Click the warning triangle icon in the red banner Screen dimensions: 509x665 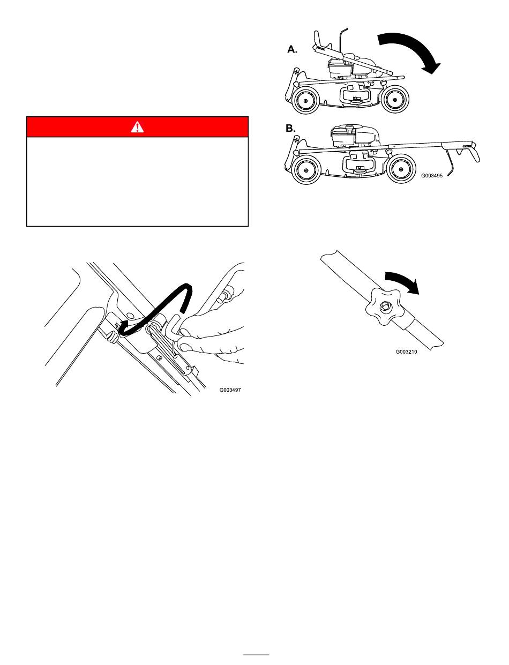tap(137, 126)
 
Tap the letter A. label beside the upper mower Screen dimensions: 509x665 tap(292, 49)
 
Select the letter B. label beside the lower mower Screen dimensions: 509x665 tap(290, 129)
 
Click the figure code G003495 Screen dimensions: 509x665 tap(432, 176)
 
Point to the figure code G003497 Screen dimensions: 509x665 tap(230, 390)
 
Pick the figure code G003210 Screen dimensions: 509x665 tap(406, 352)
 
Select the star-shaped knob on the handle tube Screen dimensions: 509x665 tap(385, 307)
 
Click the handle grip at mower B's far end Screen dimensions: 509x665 tap(475, 153)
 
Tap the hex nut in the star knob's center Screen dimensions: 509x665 tap(384, 306)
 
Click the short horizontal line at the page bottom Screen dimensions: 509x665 tap(256, 655)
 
